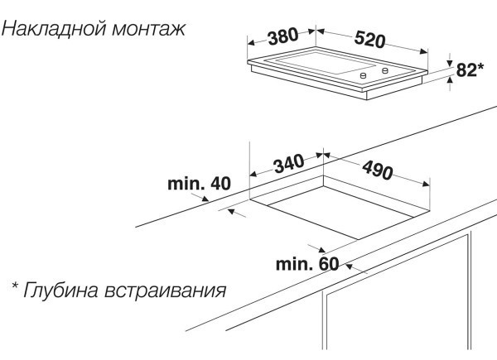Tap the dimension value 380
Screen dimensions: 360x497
283,36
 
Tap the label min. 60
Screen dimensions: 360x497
307,264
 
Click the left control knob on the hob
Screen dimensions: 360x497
362,74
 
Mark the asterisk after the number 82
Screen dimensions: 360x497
480,68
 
